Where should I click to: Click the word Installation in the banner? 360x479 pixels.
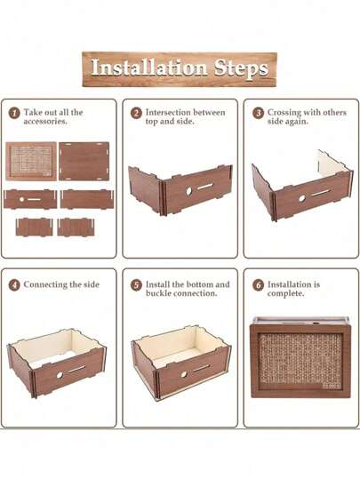pyautogui.click(x=149, y=68)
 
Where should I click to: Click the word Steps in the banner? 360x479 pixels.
pyautogui.click(x=241, y=68)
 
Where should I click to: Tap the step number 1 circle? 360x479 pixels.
pyautogui.click(x=14, y=113)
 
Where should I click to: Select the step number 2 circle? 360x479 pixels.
pyautogui.click(x=136, y=113)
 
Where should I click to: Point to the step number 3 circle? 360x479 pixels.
pyautogui.click(x=259, y=113)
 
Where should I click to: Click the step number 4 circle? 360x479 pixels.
pyautogui.click(x=14, y=285)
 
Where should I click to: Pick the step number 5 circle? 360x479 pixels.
pyautogui.click(x=136, y=285)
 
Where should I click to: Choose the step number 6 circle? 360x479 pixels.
pyautogui.click(x=259, y=285)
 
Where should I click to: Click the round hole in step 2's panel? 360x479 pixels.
pyautogui.click(x=189, y=191)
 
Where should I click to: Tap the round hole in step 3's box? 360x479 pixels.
pyautogui.click(x=302, y=198)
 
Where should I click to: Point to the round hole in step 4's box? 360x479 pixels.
pyautogui.click(x=60, y=375)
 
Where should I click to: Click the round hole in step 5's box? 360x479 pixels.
pyautogui.click(x=184, y=374)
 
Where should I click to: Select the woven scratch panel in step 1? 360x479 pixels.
pyautogui.click(x=31, y=161)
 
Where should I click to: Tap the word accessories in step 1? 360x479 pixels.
pyautogui.click(x=45, y=122)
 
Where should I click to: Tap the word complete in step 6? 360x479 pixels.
pyautogui.click(x=285, y=294)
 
